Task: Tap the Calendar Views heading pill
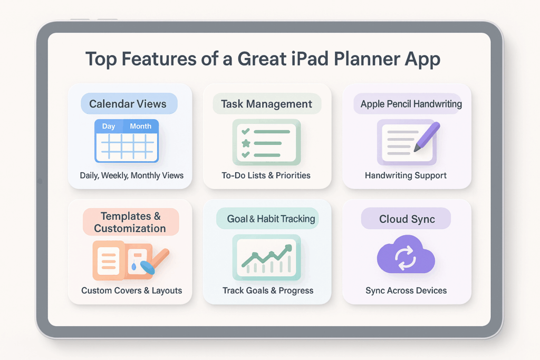tap(129, 104)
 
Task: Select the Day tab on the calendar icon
tap(109, 127)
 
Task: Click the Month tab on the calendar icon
tap(140, 127)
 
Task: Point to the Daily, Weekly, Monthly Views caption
tap(132, 176)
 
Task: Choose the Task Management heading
tap(266, 104)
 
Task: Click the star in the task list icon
tap(245, 143)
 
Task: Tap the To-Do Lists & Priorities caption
tap(266, 176)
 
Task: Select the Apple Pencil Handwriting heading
tap(411, 104)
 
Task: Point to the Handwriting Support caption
tap(406, 176)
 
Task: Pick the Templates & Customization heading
tap(130, 222)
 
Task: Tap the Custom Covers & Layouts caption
tap(132, 290)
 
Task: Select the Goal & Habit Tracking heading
tap(271, 219)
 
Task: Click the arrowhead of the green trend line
tap(288, 247)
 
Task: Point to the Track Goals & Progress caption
tap(268, 290)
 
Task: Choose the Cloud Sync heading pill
tap(407, 219)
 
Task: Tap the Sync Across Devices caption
tap(406, 290)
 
